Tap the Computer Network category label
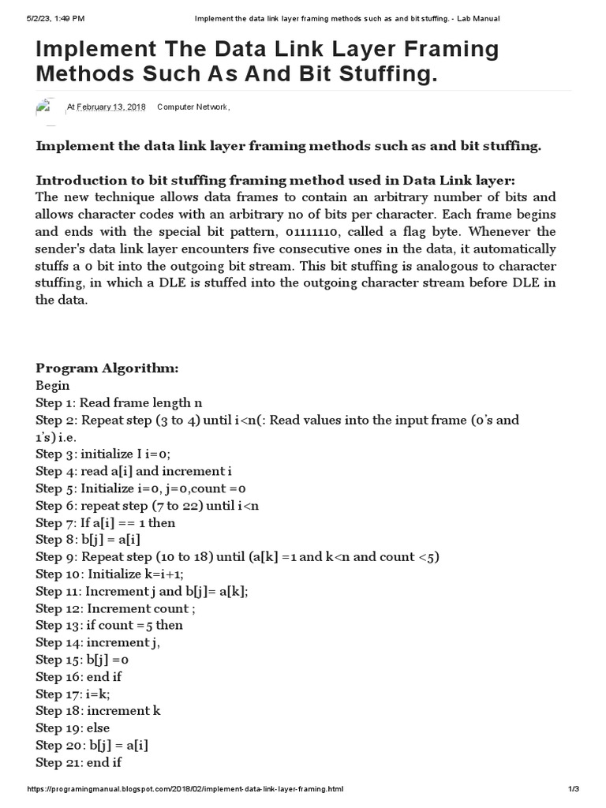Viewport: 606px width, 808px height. pos(193,107)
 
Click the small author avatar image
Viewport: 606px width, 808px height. pos(44,108)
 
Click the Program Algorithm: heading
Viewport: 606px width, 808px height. pos(107,368)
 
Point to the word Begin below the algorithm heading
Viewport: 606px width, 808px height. pos(53,386)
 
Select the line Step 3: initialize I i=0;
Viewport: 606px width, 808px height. pos(103,454)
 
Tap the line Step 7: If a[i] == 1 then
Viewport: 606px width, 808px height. pos(106,522)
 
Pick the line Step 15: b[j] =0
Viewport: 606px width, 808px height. pos(81,660)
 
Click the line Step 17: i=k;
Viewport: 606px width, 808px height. pos(73,694)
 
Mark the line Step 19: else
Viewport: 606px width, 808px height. pos(73,728)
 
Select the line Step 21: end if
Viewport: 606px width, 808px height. pos(79,762)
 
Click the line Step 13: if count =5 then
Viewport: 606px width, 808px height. pos(109,625)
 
